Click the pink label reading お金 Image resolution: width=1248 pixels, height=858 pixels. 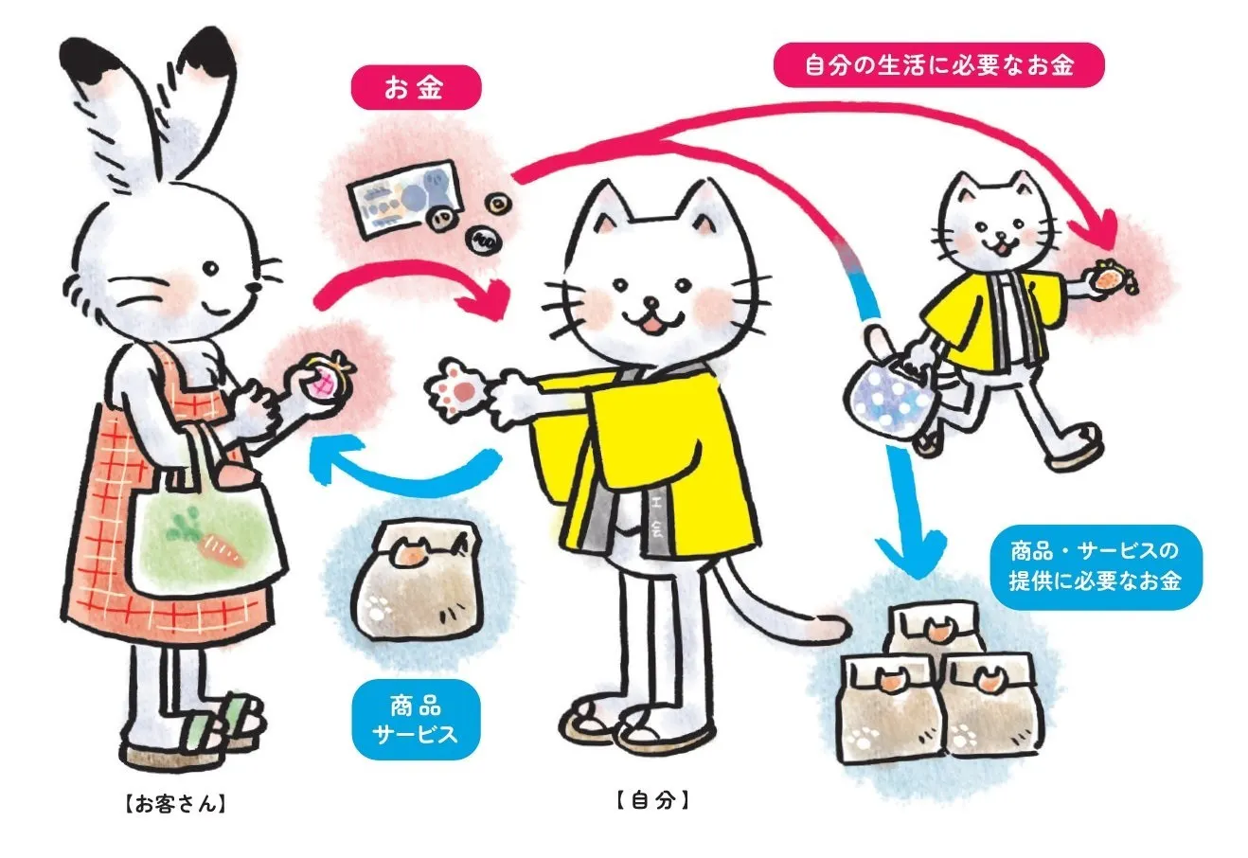tap(416, 87)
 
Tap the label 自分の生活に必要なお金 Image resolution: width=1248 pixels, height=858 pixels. tap(938, 65)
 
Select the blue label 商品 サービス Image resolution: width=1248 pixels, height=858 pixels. tap(416, 721)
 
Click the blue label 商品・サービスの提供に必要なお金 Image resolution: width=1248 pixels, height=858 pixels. tap(1096, 566)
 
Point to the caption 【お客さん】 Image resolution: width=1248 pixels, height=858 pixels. tap(175, 804)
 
